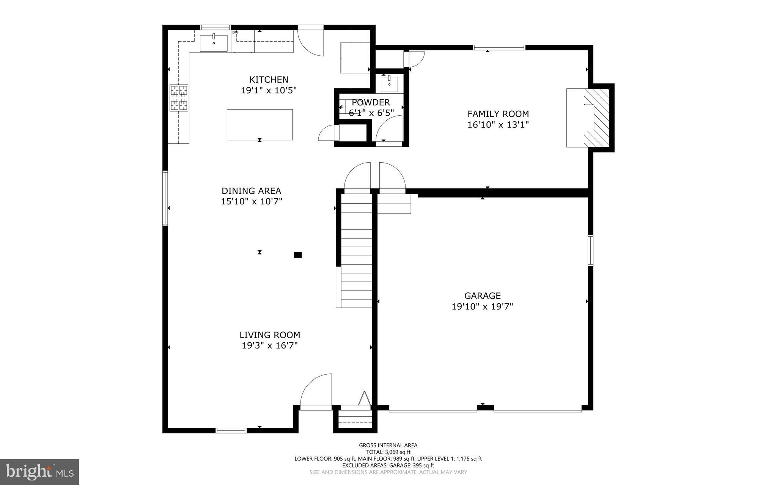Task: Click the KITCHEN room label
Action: point(269,80)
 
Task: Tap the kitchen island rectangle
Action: point(260,124)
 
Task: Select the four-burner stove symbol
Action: point(179,98)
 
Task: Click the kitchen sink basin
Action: point(214,43)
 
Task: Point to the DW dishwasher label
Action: point(235,33)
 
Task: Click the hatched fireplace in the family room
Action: point(596,118)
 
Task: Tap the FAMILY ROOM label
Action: point(498,114)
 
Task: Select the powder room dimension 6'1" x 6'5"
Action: point(371,113)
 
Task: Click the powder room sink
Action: point(389,84)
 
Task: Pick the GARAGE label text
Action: point(482,295)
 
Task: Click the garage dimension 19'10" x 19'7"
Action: point(482,306)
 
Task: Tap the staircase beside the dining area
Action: point(356,250)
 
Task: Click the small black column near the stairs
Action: point(298,255)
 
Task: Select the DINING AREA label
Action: point(251,191)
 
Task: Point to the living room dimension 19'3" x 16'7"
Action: point(269,345)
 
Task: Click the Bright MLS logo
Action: point(39,472)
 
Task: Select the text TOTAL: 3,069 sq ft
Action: point(388,452)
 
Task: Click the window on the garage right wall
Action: point(590,250)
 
